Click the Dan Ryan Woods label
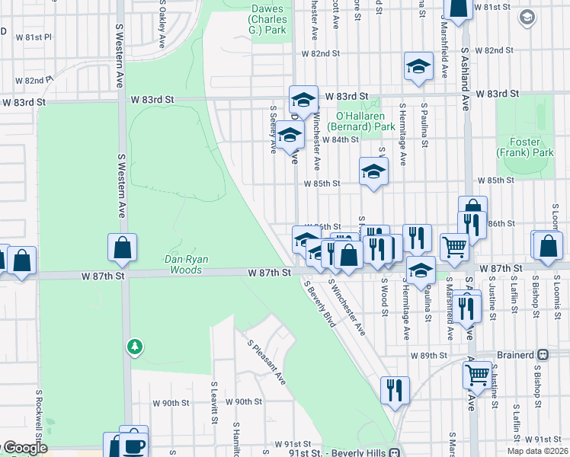tap(184, 264)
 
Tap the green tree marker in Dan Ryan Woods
tap(135, 347)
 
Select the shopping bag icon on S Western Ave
tap(122, 248)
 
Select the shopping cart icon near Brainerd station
tap(477, 374)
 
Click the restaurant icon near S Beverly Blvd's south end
tap(394, 390)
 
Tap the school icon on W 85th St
tap(373, 171)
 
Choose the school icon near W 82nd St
tap(418, 66)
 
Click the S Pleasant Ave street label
tap(266, 362)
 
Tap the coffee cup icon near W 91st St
tap(134, 444)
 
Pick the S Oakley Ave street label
tap(162, 24)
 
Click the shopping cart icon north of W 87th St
tap(454, 246)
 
